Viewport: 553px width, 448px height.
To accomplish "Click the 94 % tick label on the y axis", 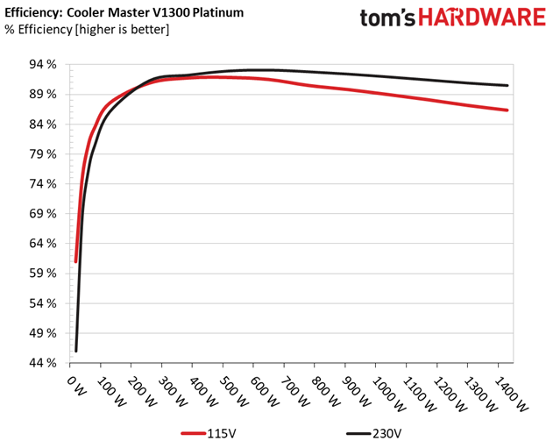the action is [43, 65].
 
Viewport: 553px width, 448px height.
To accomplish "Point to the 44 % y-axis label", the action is [43, 363].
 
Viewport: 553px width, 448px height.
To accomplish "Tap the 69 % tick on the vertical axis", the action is [43, 213].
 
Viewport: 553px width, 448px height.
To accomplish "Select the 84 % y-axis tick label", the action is [43, 124].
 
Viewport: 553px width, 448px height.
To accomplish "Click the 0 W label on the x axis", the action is [76, 386].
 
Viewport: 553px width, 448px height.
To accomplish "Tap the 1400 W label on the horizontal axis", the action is [512, 394].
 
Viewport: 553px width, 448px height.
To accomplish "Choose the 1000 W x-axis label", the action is [389, 394].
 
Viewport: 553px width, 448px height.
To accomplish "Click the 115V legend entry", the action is [209, 433].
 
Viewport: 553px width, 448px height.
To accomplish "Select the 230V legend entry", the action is [373, 433].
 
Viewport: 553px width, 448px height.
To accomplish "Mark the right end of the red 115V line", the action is [507, 110].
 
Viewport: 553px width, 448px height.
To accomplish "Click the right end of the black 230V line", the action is [507, 85].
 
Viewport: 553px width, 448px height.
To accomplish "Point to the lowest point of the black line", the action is [76, 351].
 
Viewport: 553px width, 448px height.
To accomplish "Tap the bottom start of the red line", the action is [75, 261].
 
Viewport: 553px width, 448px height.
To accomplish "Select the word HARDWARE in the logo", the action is [482, 17].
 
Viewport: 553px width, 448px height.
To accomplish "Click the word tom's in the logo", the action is [387, 18].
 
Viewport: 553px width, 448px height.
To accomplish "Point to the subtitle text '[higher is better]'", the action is [122, 29].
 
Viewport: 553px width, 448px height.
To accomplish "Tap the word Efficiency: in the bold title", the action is [33, 13].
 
